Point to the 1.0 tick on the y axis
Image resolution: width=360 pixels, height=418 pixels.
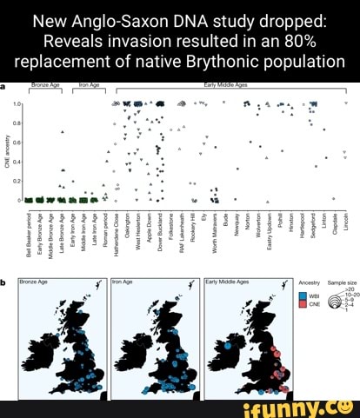[x=17, y=103]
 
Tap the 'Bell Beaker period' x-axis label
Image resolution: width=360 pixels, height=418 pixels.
[x=30, y=229]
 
